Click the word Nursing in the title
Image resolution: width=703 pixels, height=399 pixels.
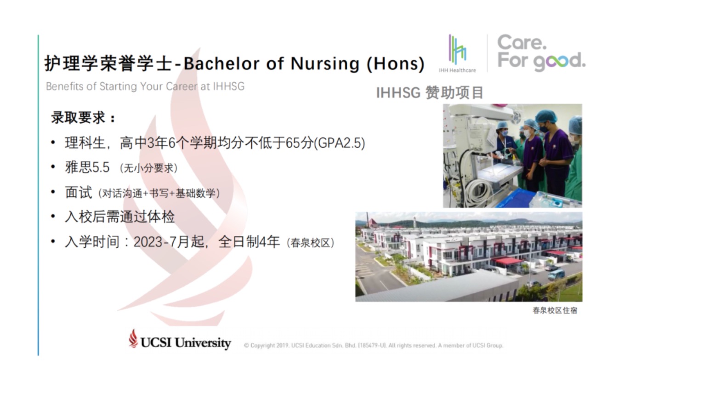pyautogui.click(x=325, y=64)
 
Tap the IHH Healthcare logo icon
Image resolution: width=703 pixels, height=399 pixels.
pyautogui.click(x=457, y=50)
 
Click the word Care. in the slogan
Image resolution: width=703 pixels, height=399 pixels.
pyautogui.click(x=522, y=42)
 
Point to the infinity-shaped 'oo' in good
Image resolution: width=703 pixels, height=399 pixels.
pyautogui.click(x=556, y=61)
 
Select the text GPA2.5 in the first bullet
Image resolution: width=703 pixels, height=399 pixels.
pyautogui.click(x=341, y=143)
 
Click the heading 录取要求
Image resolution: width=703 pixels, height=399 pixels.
pyautogui.click(x=78, y=118)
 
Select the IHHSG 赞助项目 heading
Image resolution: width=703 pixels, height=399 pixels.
pyautogui.click(x=430, y=92)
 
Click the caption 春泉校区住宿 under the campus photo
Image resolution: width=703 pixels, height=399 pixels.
pyautogui.click(x=555, y=310)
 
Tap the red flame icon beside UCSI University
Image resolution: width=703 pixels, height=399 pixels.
pyautogui.click(x=133, y=338)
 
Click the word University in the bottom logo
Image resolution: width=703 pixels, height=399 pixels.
pyautogui.click(x=203, y=343)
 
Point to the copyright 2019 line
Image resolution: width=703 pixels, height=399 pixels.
pyautogui.click(x=374, y=345)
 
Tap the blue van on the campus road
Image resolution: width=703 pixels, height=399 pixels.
pyautogui.click(x=556, y=275)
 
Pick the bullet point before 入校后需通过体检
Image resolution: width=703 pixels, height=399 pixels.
pyautogui.click(x=53, y=217)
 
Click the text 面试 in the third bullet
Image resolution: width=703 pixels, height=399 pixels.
pyautogui.click(x=79, y=192)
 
